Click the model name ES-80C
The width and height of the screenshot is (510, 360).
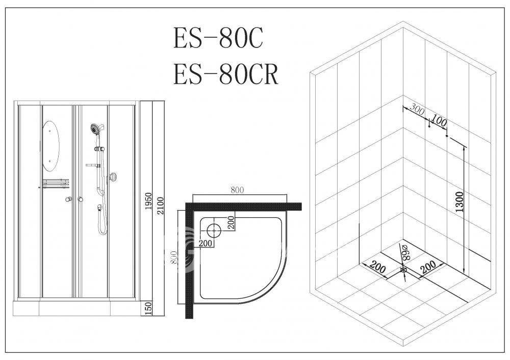coord(218,38)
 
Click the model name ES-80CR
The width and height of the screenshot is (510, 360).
coord(226,74)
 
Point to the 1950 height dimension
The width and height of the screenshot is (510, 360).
coord(148,201)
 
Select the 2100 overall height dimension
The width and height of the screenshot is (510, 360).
coord(160,205)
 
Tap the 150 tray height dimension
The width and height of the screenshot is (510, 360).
coord(148,308)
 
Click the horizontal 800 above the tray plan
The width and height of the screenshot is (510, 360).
coord(237,190)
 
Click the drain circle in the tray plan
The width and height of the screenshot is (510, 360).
coord(214,230)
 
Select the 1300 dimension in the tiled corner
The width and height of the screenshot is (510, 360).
coord(459,201)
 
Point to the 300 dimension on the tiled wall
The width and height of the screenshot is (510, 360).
coord(417,109)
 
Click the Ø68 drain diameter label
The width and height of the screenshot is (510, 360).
coord(405,252)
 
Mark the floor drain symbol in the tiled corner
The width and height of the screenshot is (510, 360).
coord(403,270)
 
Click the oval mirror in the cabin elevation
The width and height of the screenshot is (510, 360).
coord(50,146)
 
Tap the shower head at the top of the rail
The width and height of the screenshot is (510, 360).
coord(96,129)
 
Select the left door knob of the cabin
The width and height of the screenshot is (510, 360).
coord(68,199)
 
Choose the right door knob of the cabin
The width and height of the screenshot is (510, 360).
coord(80,199)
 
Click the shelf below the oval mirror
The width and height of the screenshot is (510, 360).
coord(56,184)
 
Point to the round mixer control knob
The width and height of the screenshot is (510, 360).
coord(113,177)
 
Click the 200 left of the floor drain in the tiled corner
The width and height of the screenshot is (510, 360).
coord(377,267)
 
